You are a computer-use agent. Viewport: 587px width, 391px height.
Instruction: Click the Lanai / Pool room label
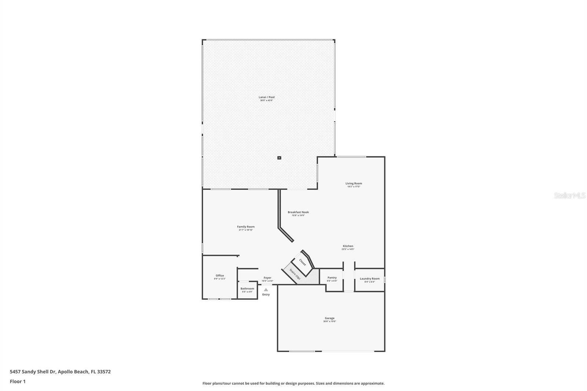coord(266,97)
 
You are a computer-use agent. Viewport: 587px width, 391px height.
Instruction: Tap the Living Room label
coord(354,183)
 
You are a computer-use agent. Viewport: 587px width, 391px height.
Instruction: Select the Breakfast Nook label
coord(298,212)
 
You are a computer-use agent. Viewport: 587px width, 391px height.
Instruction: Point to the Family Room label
coord(245,227)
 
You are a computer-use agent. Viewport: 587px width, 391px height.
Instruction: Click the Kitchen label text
coord(348,246)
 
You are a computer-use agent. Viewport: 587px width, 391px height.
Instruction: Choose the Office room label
coord(220,275)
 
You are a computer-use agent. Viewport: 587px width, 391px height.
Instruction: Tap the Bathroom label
coord(247,289)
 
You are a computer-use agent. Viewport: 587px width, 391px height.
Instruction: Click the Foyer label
coord(267,278)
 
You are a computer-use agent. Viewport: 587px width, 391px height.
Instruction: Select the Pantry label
coord(332,278)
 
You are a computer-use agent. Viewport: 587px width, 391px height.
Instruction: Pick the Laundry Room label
coord(369,279)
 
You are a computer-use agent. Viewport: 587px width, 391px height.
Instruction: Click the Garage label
coord(329,318)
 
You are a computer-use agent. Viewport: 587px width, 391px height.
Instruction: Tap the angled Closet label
coord(303,262)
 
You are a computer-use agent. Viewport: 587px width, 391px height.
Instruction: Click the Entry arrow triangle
coord(266,290)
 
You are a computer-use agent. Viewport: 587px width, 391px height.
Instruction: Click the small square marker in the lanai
coord(279,158)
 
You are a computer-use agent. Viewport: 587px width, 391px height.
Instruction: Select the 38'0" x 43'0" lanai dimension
coord(266,101)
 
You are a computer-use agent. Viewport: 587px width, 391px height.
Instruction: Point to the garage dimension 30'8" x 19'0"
coord(329,321)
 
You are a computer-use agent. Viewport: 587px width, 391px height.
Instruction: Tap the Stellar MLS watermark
coord(570,196)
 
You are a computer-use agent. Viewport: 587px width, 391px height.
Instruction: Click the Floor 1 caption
coord(18,381)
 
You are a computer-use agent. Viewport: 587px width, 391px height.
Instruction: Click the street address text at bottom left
coord(60,372)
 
